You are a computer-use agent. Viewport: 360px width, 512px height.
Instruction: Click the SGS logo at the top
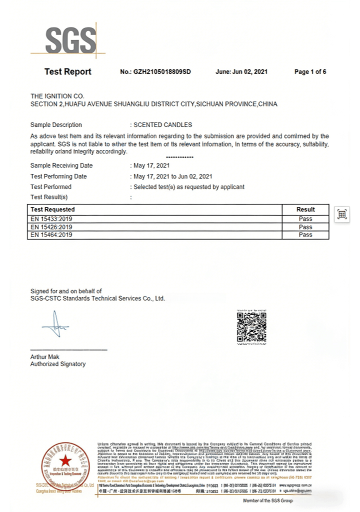coord(69,38)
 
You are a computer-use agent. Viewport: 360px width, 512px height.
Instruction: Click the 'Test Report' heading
coord(68,71)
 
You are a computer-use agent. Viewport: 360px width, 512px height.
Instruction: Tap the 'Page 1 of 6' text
coord(310,72)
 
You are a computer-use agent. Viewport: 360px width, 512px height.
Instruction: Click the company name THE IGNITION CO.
coord(57,96)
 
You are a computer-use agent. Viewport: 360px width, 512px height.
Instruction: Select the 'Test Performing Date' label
coord(58,176)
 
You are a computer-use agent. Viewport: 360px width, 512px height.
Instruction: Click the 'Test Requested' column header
coord(53,209)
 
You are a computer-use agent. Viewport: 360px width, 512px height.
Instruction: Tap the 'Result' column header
coord(305,209)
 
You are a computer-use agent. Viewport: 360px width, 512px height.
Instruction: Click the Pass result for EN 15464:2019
coord(305,234)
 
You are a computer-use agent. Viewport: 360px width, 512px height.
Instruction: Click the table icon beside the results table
coord(342,214)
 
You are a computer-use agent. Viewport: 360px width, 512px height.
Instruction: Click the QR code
coord(251,327)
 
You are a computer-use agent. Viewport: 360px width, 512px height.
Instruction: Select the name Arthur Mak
coord(44,357)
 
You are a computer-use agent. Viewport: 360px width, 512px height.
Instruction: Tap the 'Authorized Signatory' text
coord(58,364)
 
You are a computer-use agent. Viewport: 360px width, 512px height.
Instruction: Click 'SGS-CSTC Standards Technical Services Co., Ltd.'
coord(97,298)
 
